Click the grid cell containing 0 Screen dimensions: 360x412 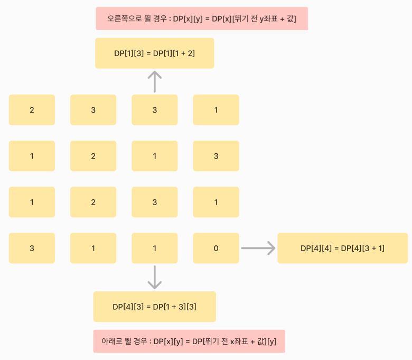point(216,248)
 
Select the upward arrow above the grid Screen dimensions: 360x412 point(154,82)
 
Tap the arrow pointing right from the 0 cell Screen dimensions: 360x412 point(258,248)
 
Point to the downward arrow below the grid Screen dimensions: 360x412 point(154,277)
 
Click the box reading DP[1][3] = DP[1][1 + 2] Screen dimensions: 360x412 point(154,53)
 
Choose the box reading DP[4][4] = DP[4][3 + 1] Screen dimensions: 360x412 point(342,248)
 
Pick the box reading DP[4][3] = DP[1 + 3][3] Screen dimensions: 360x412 point(154,307)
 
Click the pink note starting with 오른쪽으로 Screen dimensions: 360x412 point(202,19)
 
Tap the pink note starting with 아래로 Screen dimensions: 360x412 point(189,341)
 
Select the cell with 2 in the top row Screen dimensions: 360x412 point(32,110)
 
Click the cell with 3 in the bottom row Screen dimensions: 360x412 point(32,248)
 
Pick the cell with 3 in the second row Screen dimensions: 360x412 point(216,156)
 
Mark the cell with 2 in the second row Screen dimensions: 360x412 point(93,156)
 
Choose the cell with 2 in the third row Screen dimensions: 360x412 point(93,202)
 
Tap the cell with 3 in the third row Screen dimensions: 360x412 point(154,202)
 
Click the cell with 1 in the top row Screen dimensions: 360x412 point(216,110)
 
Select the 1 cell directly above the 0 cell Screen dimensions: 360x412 point(216,202)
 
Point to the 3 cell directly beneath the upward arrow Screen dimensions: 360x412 point(154,110)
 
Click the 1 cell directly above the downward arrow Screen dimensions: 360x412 point(154,248)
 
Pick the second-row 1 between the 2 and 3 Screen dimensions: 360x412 point(154,156)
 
